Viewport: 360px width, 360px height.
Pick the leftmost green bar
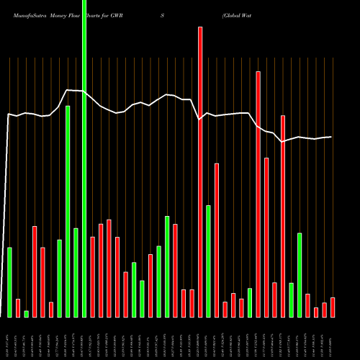(9, 282)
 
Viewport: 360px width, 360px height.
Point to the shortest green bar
(26, 313)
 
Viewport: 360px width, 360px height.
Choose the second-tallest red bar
(258, 194)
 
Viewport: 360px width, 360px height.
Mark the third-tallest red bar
(283, 216)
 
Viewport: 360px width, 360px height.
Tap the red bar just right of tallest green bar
(92, 276)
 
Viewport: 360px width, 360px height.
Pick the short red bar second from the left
(18, 307)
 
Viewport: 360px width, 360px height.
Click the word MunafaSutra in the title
(27, 14)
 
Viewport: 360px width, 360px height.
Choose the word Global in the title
(235, 14)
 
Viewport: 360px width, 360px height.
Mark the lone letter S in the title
(163, 14)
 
